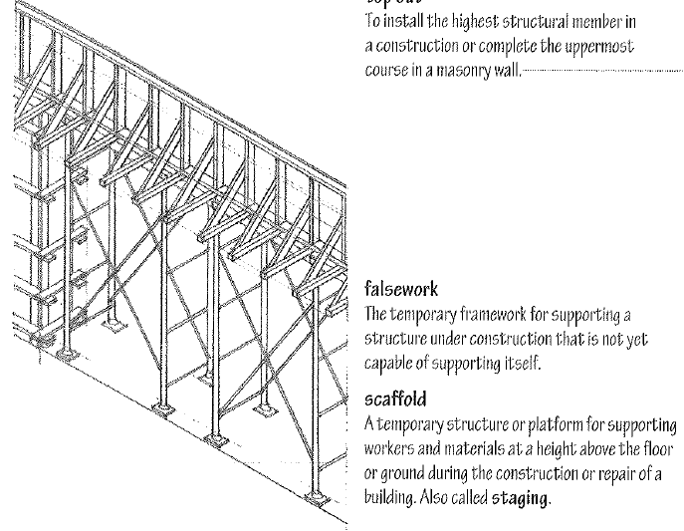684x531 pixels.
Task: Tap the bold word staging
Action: (x=519, y=496)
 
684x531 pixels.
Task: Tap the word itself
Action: (x=518, y=364)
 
